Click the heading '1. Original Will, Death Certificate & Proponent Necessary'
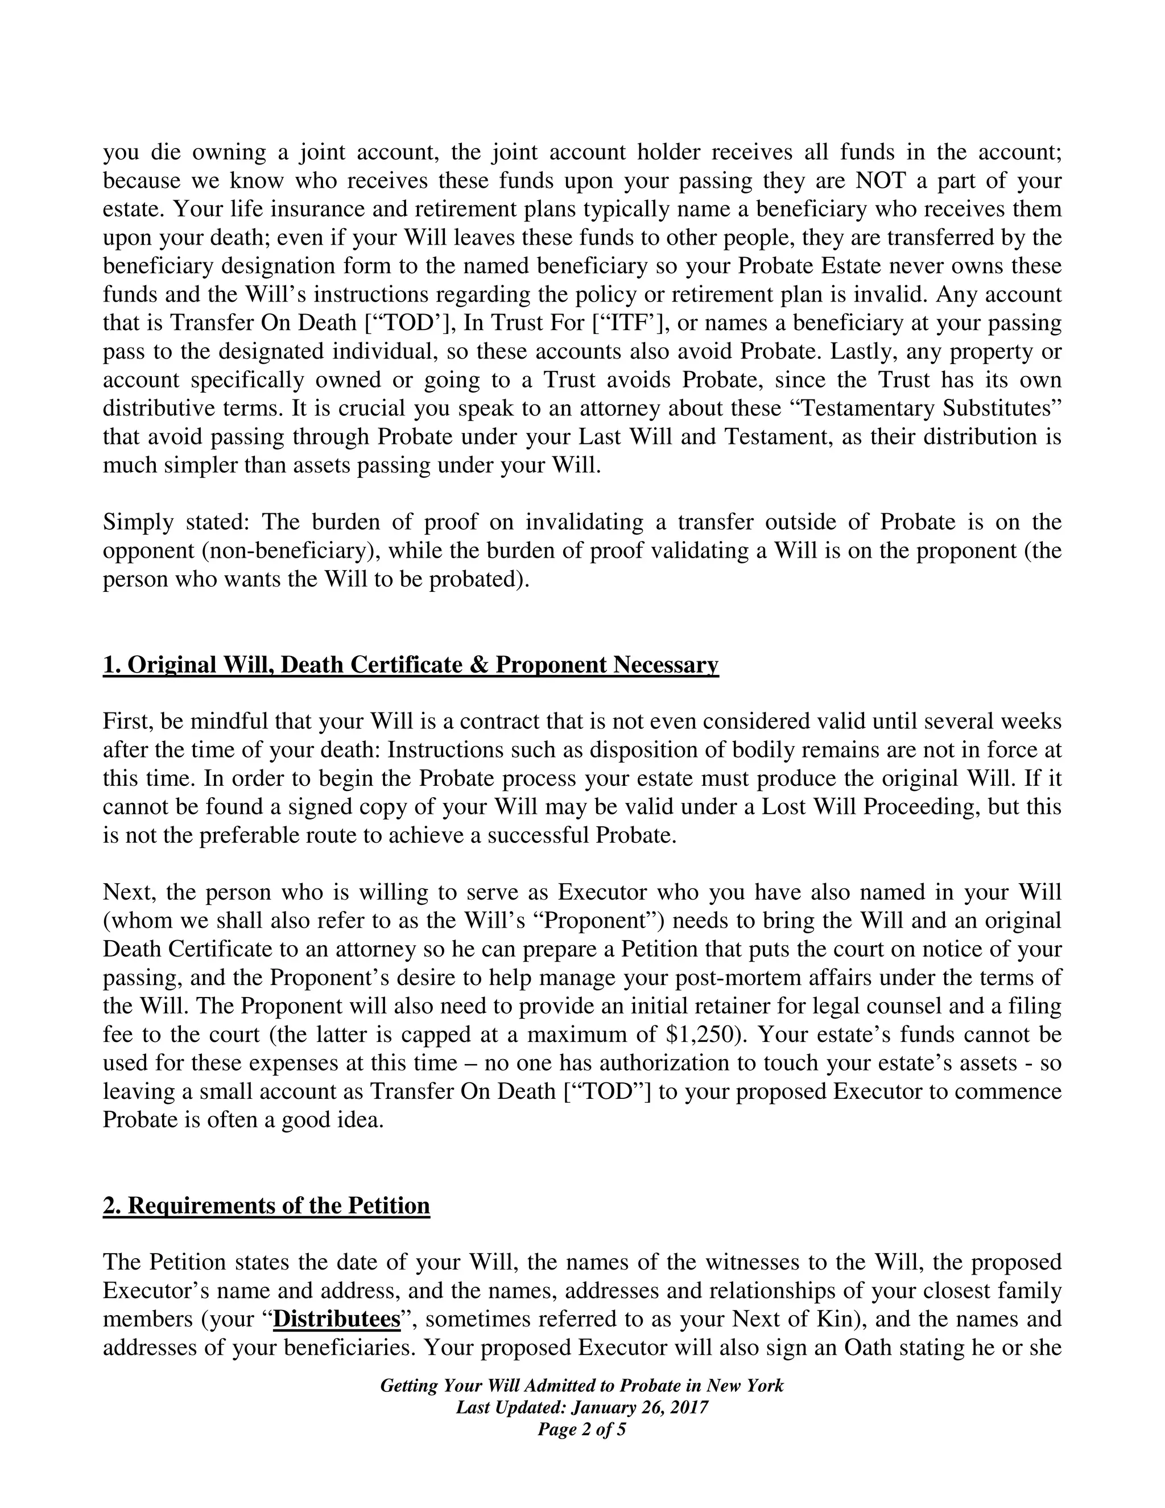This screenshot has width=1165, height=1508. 411,664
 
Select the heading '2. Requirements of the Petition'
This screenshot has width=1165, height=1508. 266,1205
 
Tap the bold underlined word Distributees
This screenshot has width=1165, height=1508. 337,1319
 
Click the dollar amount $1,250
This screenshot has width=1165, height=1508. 705,1035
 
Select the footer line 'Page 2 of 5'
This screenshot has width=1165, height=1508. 582,1429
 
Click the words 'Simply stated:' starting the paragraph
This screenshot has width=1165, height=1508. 175,522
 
